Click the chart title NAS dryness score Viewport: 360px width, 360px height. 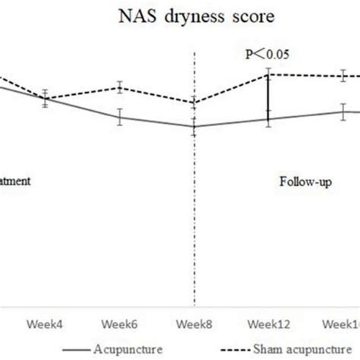[180, 14]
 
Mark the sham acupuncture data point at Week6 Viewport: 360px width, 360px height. [120, 87]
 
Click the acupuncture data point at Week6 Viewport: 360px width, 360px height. [120, 117]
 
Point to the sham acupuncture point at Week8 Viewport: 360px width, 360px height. [194, 103]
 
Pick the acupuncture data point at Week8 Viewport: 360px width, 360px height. [194, 127]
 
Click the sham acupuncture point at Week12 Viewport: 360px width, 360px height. [268, 74]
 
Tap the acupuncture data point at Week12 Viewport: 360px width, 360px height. [268, 118]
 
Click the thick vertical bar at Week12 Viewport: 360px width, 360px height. [268, 96]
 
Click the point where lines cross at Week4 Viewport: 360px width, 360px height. [46, 99]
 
